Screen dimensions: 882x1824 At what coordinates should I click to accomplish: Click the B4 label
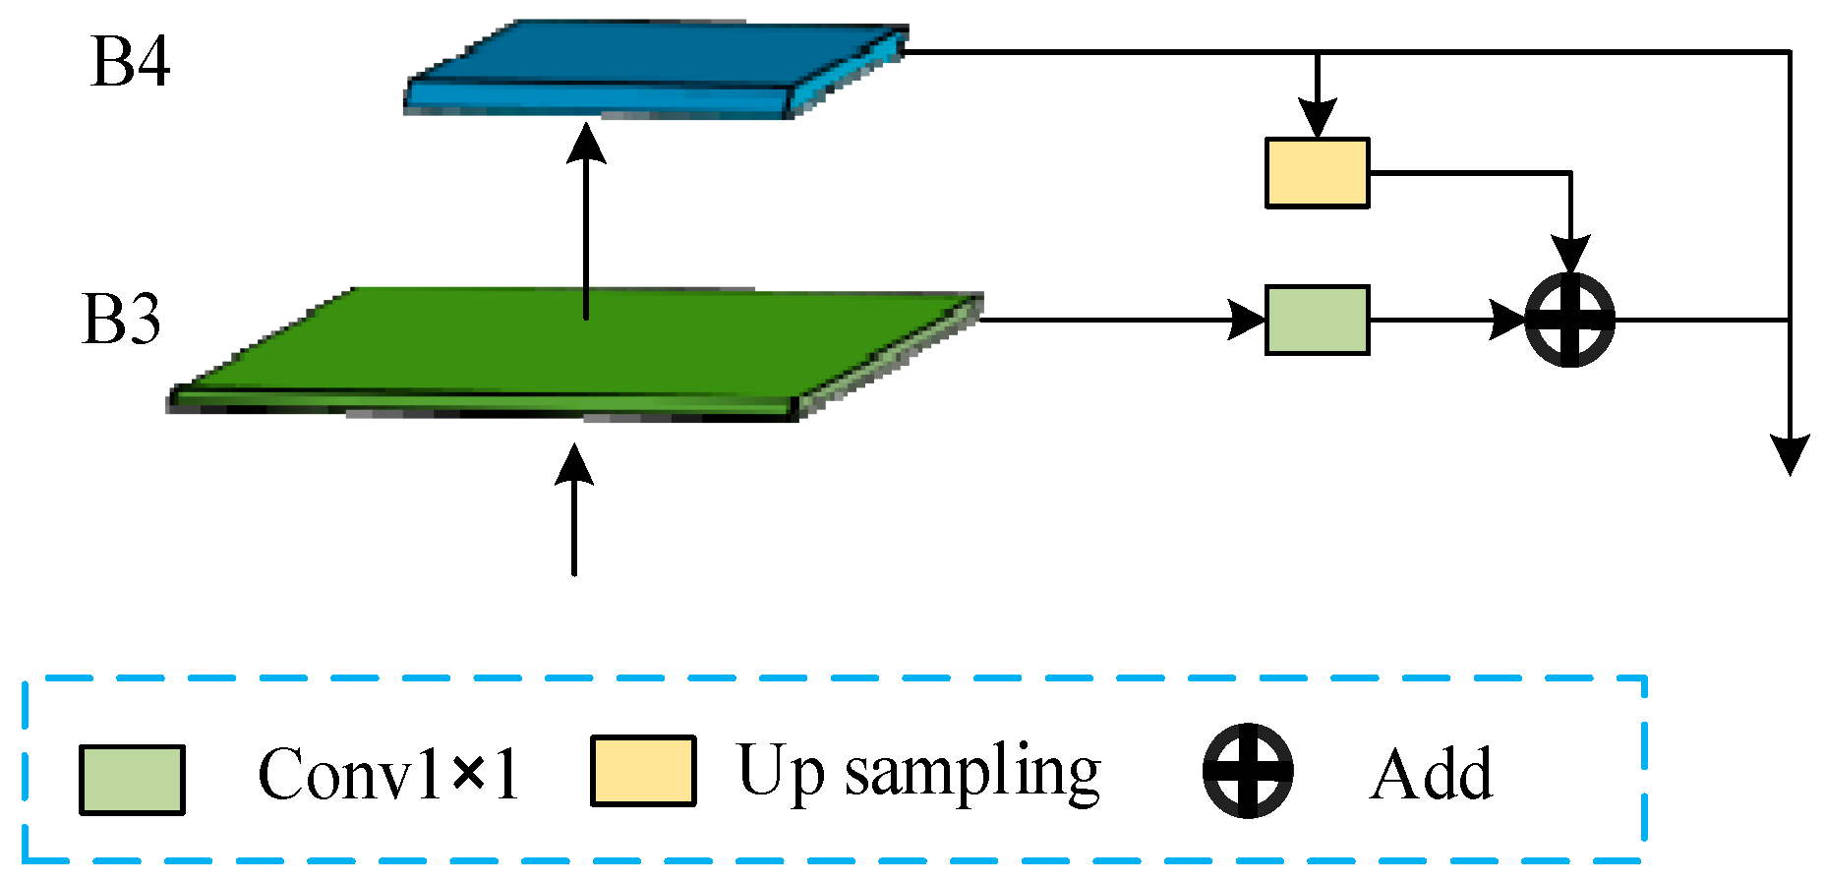(130, 62)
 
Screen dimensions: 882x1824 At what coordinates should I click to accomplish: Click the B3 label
(121, 320)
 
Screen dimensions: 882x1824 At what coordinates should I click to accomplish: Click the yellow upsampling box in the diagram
(1317, 173)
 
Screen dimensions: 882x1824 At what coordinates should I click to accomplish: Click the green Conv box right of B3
(1317, 320)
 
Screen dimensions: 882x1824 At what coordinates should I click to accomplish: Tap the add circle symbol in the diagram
(1569, 320)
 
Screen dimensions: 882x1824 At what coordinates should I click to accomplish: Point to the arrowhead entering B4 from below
(587, 144)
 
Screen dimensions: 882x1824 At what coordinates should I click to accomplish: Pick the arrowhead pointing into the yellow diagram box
(1317, 118)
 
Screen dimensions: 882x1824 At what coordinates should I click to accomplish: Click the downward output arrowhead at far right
(1790, 454)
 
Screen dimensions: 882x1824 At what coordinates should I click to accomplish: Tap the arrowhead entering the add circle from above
(1570, 254)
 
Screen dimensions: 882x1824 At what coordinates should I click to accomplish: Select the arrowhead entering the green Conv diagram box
(1247, 320)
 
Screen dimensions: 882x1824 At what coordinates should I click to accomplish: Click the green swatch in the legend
(132, 780)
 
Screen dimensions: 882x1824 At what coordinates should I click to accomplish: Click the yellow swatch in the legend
(643, 771)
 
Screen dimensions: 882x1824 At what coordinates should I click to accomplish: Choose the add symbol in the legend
(1248, 771)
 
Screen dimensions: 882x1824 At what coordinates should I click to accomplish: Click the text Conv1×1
(388, 775)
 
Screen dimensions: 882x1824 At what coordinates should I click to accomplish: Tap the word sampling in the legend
(971, 773)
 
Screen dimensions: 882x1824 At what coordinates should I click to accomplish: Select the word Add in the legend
(1431, 775)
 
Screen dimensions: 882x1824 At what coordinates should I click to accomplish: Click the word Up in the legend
(780, 773)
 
